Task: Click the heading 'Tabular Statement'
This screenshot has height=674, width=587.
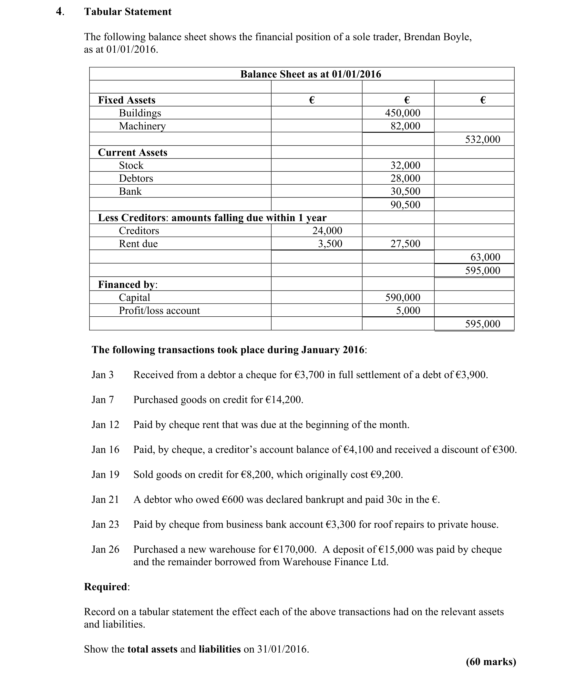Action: pos(128,12)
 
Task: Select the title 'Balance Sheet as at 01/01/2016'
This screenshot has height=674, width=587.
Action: pos(311,74)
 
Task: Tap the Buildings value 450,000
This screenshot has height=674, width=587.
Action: pos(403,113)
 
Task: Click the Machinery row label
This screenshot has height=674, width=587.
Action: pos(142,126)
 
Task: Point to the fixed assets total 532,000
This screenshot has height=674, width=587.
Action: pos(482,139)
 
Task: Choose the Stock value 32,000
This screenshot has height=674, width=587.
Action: pos(405,165)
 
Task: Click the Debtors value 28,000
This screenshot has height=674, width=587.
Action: pos(405,179)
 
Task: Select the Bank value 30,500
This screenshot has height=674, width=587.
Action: pos(405,192)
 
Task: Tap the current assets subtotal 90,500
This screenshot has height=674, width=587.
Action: pos(405,205)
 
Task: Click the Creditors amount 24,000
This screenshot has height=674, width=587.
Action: pos(327,231)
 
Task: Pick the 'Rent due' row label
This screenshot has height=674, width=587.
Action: pos(138,244)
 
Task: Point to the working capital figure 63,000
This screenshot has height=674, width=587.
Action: pos(485,257)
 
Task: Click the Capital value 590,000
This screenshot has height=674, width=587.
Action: pos(403,298)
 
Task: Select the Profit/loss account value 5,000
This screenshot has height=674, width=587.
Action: pos(408,311)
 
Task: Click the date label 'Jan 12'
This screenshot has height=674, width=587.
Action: pos(106,425)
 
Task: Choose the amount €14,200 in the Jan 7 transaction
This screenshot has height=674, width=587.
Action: pos(283,400)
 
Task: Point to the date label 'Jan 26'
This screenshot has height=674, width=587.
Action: pos(106,549)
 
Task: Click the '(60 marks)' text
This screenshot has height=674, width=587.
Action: pos(491,662)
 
